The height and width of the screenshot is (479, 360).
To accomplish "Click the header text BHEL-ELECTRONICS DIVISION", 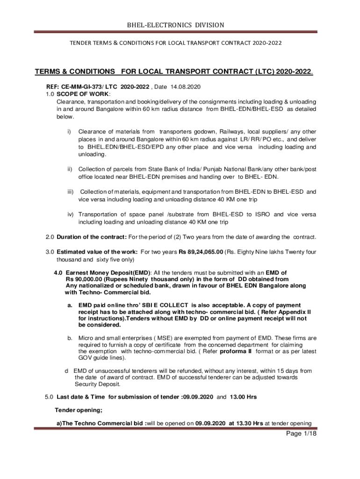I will pyautogui.click(x=180, y=25).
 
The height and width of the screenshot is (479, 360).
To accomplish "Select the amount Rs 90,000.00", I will pyautogui.click(x=85, y=279).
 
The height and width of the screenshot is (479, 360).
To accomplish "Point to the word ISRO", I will pyautogui.click(x=259, y=214).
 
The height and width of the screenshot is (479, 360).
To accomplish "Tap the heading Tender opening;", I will pyautogui.click(x=79, y=410).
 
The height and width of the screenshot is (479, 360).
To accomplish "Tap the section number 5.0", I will pyautogui.click(x=50, y=397).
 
